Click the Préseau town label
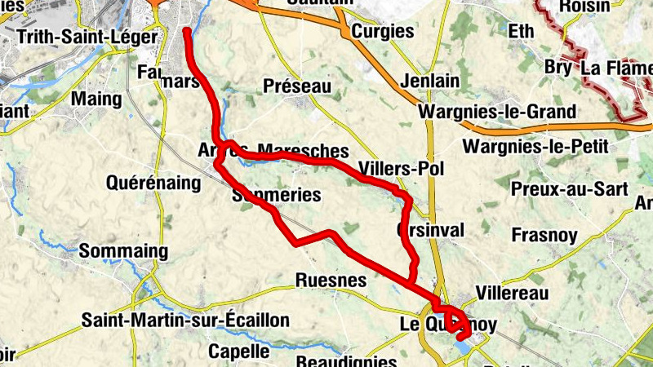point(297,86)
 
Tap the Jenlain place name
point(429,82)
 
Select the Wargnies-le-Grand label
point(496,112)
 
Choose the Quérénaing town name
point(153,183)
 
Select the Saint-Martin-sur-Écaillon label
point(185,320)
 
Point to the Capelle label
point(238,352)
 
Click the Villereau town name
point(512,291)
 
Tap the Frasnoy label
point(544,236)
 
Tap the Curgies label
point(382,32)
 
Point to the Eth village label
point(520,31)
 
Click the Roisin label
point(584,7)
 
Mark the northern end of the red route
point(187,31)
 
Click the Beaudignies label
point(347,360)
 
